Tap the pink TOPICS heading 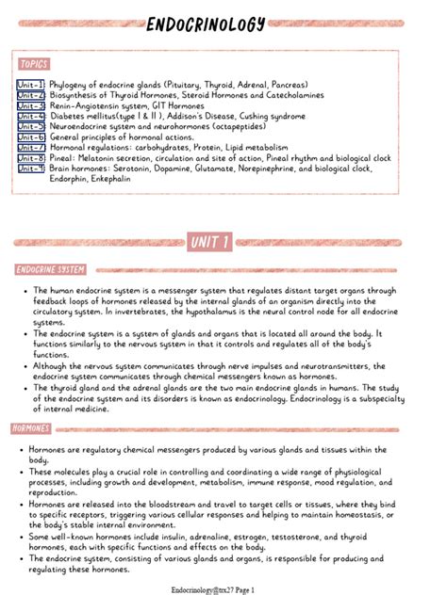pyautogui.click(x=33, y=64)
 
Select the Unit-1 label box pyautogui.click(x=30, y=85)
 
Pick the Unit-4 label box pyautogui.click(x=30, y=116)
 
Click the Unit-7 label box pyautogui.click(x=30, y=147)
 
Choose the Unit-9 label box pyautogui.click(x=30, y=169)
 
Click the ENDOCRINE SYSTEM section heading pyautogui.click(x=50, y=270)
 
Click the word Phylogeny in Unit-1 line pyautogui.click(x=70, y=85)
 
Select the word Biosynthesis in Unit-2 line pyautogui.click(x=74, y=95)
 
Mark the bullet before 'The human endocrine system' pyautogui.click(x=23, y=291)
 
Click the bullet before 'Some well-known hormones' pyautogui.click(x=23, y=537)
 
